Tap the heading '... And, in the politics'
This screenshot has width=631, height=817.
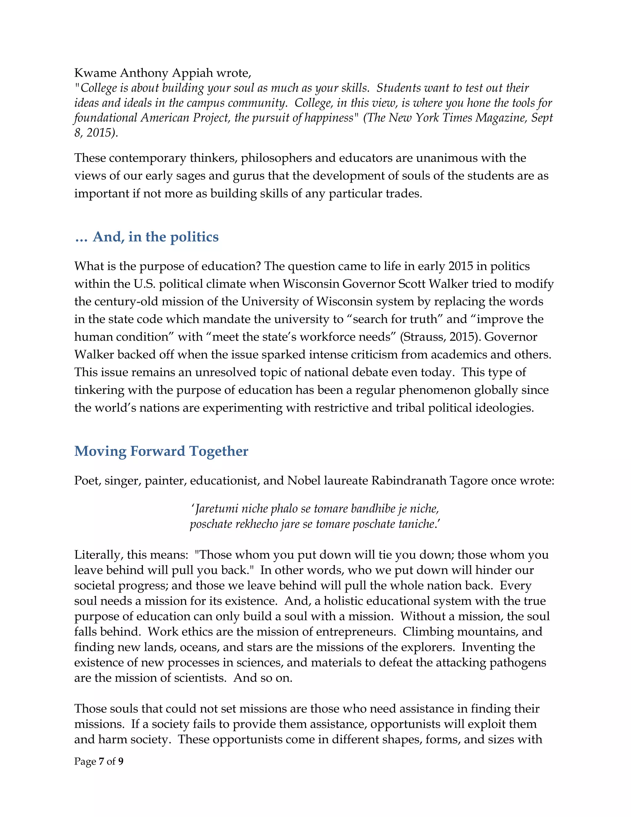147,237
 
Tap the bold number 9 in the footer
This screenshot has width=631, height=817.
121,762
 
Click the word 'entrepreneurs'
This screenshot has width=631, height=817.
356,632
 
